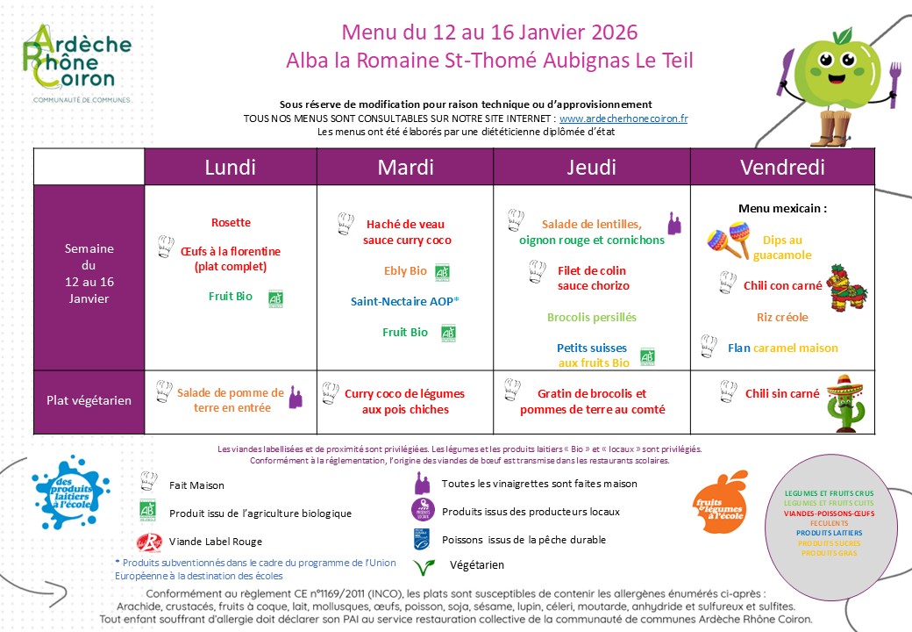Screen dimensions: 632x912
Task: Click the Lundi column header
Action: pos(230,168)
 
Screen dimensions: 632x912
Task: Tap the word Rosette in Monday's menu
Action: pos(231,223)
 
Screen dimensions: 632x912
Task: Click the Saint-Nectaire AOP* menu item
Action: pos(406,301)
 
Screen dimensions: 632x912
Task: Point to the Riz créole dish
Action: pos(782,317)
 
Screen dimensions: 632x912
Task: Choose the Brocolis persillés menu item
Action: pos(591,317)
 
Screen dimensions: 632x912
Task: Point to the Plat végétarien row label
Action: pos(89,400)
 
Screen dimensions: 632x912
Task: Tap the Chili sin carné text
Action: pos(782,394)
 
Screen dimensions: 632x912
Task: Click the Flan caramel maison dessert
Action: pos(782,348)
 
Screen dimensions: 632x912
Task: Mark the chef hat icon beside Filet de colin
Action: pos(537,273)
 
